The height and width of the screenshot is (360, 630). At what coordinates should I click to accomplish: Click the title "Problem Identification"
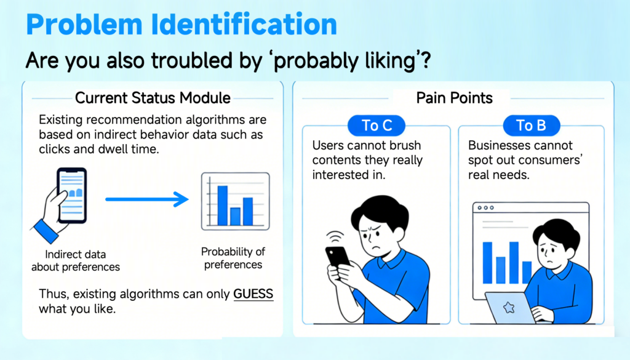tap(181, 25)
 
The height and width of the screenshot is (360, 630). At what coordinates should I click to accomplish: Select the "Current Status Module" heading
tap(153, 98)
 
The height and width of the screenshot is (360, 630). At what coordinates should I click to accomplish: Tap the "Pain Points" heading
tap(454, 98)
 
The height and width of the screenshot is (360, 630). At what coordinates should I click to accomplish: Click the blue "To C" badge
tap(377, 126)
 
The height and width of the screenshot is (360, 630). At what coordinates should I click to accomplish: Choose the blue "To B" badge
tap(531, 126)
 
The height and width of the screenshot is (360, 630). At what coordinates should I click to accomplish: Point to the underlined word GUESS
tap(253, 294)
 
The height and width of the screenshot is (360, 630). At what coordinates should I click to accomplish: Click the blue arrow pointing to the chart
tap(147, 199)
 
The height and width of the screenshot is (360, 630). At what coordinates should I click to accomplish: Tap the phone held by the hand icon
tap(72, 195)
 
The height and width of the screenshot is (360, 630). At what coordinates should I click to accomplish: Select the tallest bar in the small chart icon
tap(223, 206)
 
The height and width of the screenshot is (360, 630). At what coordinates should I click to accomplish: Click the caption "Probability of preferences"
tap(233, 258)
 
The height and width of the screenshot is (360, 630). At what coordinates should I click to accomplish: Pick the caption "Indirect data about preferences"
tap(76, 261)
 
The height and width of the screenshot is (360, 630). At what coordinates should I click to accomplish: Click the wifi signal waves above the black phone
tap(335, 237)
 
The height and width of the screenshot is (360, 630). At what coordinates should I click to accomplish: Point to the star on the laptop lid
tap(509, 308)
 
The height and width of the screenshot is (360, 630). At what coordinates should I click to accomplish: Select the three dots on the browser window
tap(485, 208)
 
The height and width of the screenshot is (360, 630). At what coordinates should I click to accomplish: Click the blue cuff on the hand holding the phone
tap(46, 231)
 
